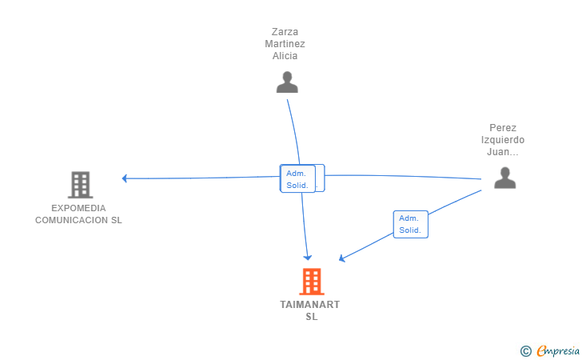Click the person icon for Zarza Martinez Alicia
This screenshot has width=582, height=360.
[287, 82]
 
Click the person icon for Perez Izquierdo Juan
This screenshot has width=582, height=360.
[504, 178]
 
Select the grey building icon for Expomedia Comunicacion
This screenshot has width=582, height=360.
[80, 185]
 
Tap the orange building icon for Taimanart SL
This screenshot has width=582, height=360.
[311, 282]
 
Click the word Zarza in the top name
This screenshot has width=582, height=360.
[285, 32]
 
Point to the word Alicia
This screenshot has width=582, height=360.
[285, 56]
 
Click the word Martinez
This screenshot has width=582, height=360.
[285, 44]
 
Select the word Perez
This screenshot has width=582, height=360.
[504, 127]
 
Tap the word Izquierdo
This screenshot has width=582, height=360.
[504, 139]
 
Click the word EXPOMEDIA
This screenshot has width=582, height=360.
[78, 208]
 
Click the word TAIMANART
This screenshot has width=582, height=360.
[310, 305]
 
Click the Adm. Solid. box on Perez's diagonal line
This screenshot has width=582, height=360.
[410, 224]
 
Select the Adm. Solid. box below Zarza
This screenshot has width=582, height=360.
[297, 178]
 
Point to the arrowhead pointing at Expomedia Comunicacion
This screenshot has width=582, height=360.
[125, 178]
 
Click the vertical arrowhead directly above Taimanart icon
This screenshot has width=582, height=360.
[308, 257]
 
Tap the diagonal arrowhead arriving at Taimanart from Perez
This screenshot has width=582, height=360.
[342, 258]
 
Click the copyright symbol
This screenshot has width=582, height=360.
[525, 350]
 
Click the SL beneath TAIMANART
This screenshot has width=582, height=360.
[311, 317]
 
